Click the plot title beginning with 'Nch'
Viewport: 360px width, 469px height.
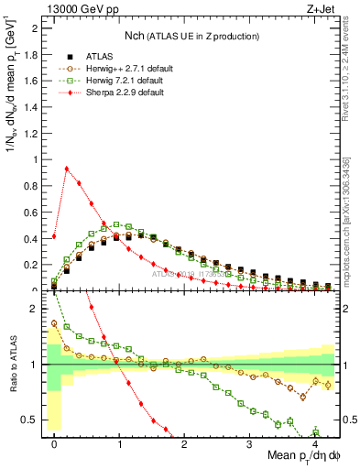coord(192,36)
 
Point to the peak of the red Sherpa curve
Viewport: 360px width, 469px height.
coord(67,168)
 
